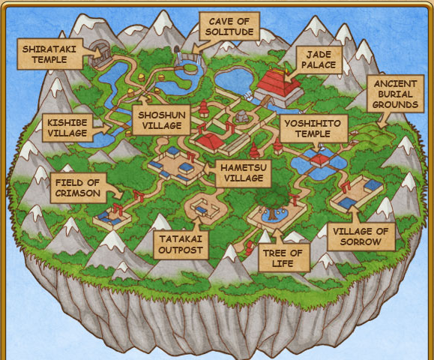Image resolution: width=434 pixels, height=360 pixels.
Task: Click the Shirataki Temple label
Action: click(49, 54)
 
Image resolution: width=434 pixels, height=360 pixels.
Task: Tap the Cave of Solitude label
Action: click(229, 26)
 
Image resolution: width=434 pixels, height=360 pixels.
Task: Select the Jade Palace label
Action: click(319, 60)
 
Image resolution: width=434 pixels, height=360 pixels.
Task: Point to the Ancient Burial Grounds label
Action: click(395, 94)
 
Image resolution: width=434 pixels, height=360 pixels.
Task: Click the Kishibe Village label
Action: click(67, 127)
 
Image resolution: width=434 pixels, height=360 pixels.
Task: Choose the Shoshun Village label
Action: click(162, 120)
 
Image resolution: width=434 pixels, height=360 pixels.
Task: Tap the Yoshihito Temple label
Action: click(313, 128)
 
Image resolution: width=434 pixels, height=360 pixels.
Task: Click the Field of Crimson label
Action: click(78, 187)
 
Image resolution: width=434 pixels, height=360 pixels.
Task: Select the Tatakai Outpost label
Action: click(181, 244)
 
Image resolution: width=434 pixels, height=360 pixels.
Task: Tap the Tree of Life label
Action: click(283, 258)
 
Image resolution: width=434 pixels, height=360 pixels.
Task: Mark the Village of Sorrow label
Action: click(361, 236)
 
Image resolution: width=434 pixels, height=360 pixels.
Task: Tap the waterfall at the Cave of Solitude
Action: click(180, 58)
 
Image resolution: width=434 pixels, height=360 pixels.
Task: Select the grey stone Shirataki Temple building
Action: click(100, 53)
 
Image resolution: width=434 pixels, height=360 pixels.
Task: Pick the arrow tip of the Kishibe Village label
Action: click(110, 127)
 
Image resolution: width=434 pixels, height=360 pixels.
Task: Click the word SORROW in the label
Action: click(361, 241)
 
